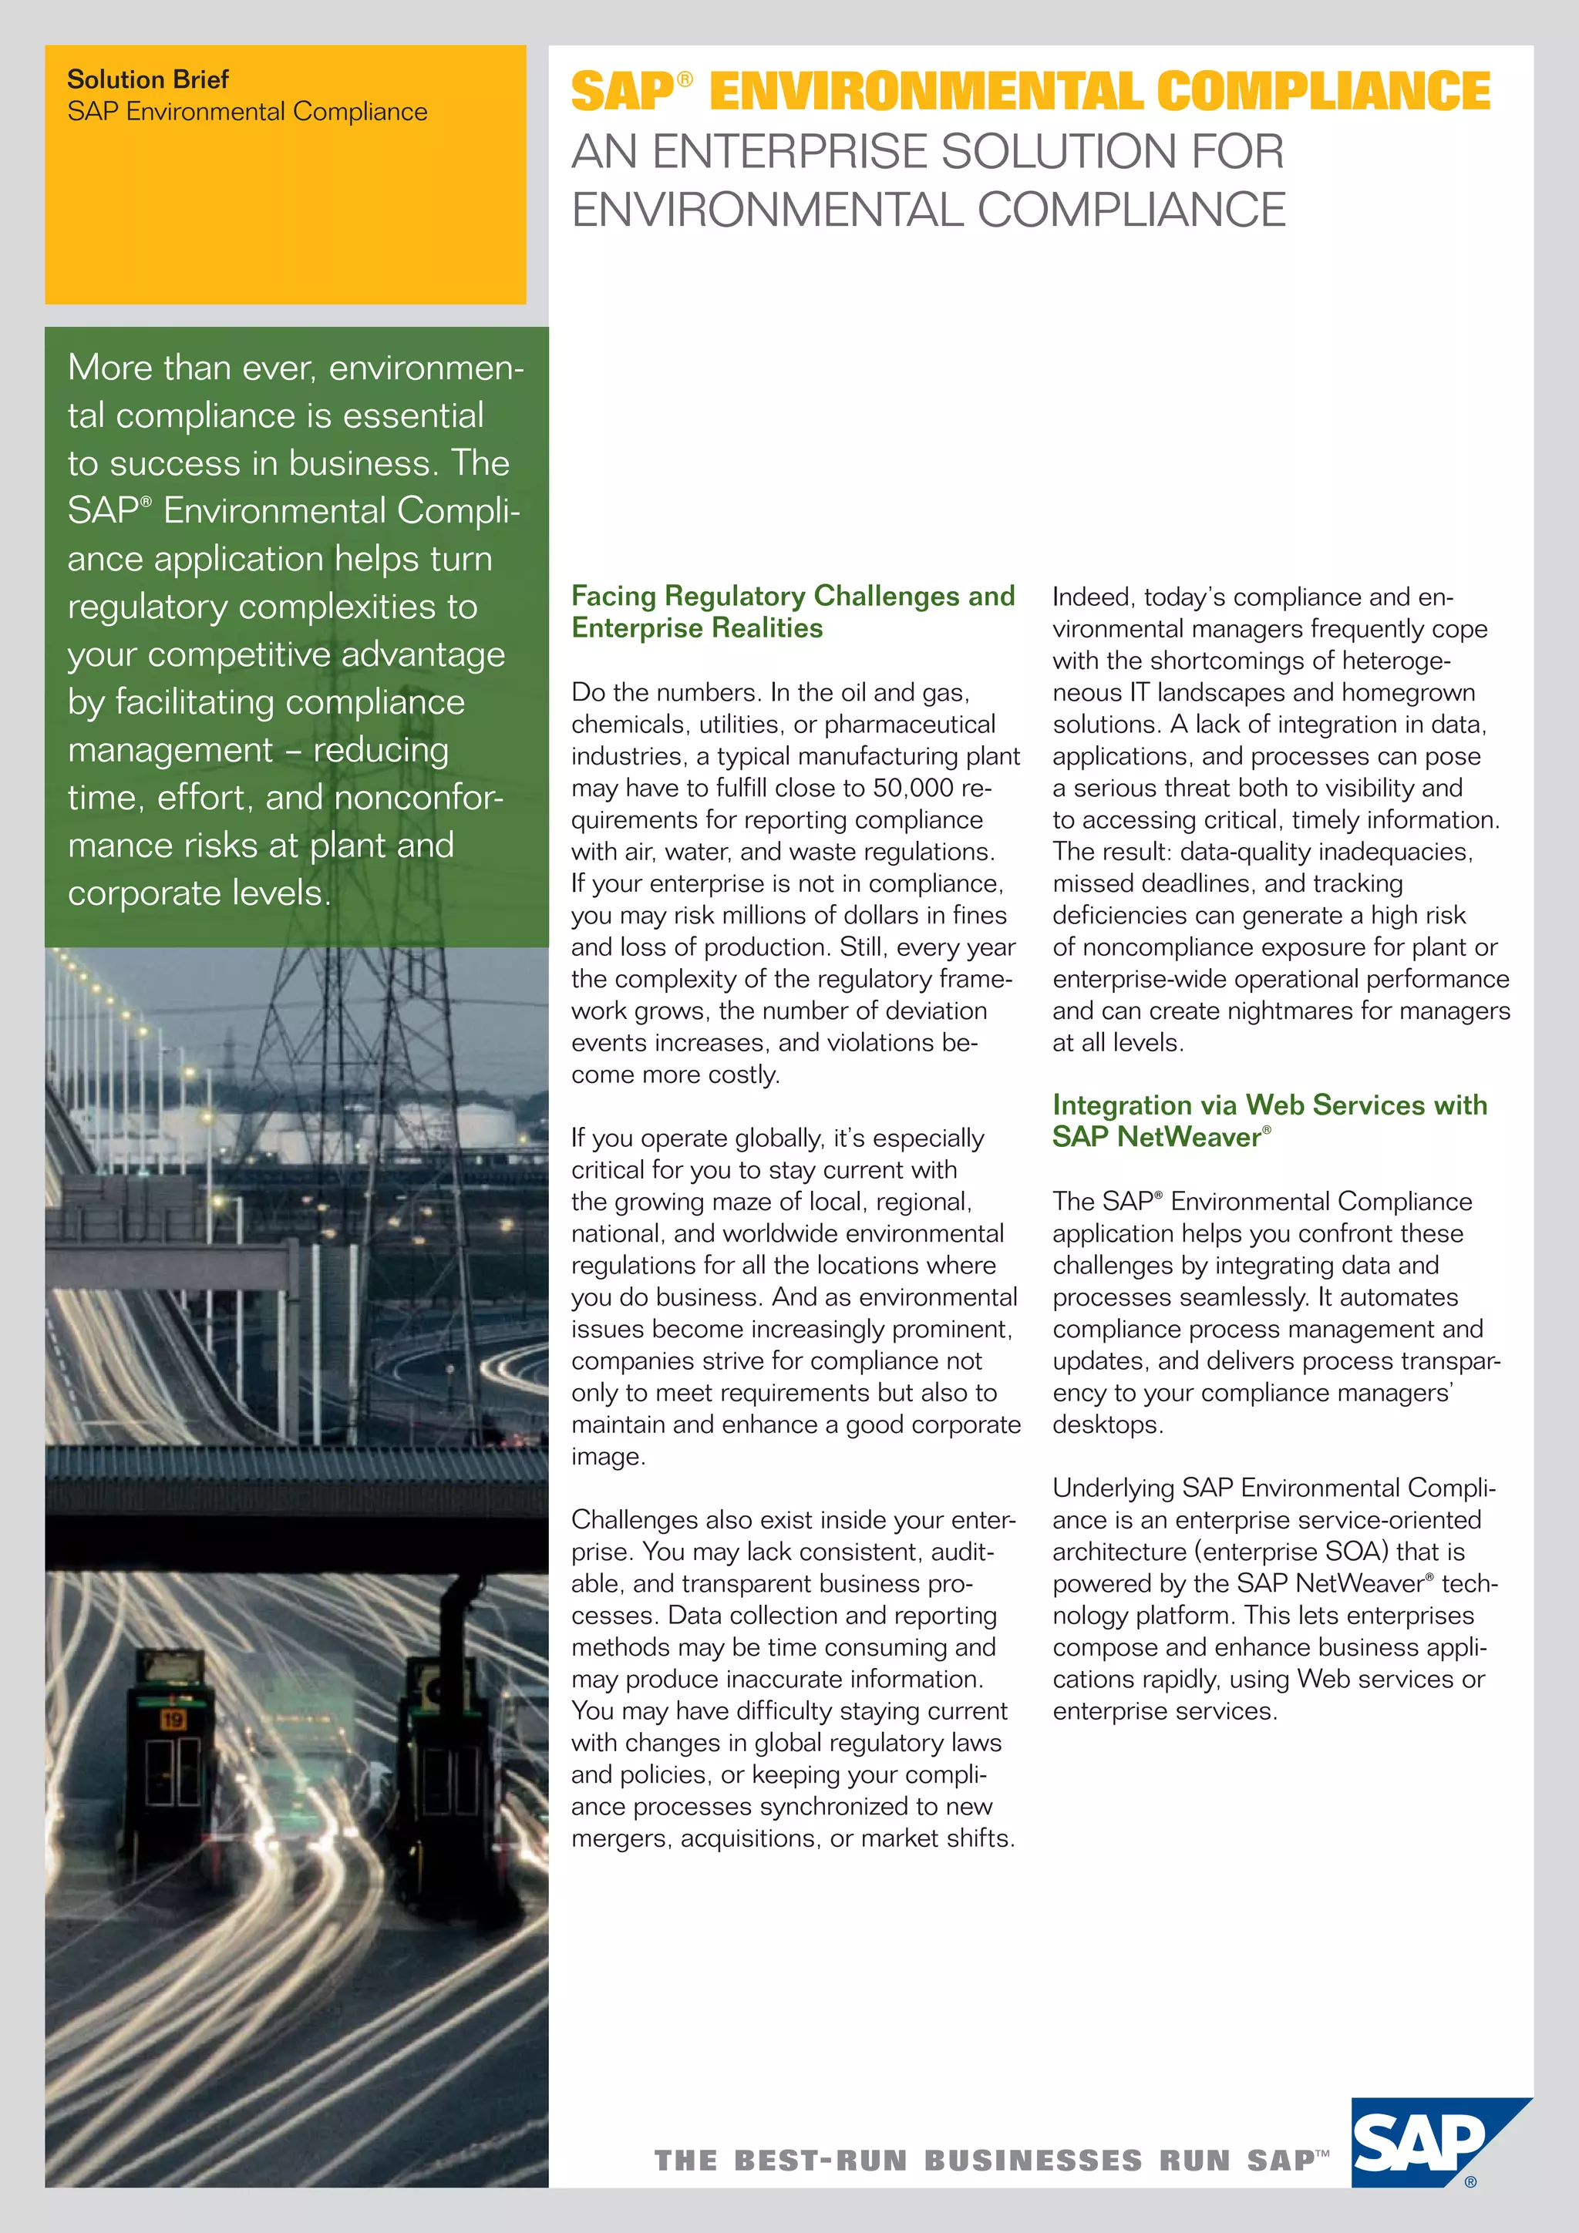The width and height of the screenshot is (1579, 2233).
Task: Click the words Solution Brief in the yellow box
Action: click(x=148, y=79)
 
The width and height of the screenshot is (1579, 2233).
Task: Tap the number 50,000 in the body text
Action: click(x=913, y=788)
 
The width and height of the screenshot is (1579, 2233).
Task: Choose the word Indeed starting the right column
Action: click(x=1091, y=597)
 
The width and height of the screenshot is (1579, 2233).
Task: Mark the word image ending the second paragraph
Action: click(x=607, y=1457)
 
